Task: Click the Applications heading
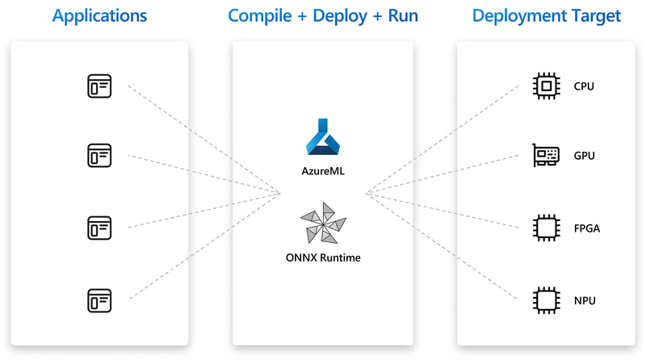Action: tap(100, 16)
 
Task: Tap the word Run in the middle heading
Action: tap(401, 16)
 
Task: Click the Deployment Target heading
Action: tap(547, 16)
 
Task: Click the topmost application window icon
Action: tap(99, 85)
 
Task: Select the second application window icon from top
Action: tap(99, 155)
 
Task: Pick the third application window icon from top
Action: tap(99, 228)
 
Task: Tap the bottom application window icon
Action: tap(99, 299)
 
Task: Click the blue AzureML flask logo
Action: tap(323, 136)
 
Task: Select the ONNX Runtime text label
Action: tap(323, 258)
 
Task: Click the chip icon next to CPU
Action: tap(546, 86)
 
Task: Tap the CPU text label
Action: tap(584, 86)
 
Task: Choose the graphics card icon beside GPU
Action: tap(546, 155)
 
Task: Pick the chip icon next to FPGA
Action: tap(546, 228)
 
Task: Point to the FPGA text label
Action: tap(586, 228)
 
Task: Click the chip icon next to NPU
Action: tap(546, 299)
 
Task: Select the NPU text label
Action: tap(585, 300)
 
